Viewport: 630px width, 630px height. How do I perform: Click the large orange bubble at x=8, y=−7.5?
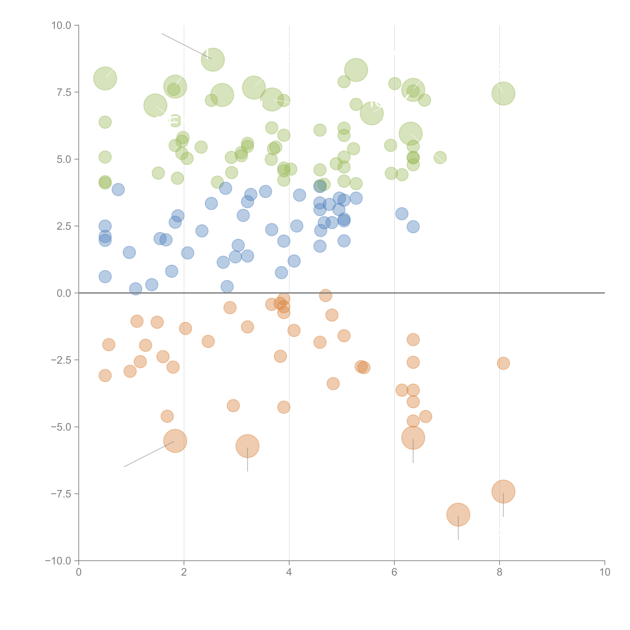pyautogui.click(x=503, y=491)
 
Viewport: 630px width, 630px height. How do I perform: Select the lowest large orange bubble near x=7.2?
pyautogui.click(x=458, y=515)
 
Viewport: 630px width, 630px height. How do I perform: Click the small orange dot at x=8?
pyautogui.click(x=503, y=363)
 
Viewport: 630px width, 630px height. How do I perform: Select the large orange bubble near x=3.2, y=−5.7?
pyautogui.click(x=247, y=446)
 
